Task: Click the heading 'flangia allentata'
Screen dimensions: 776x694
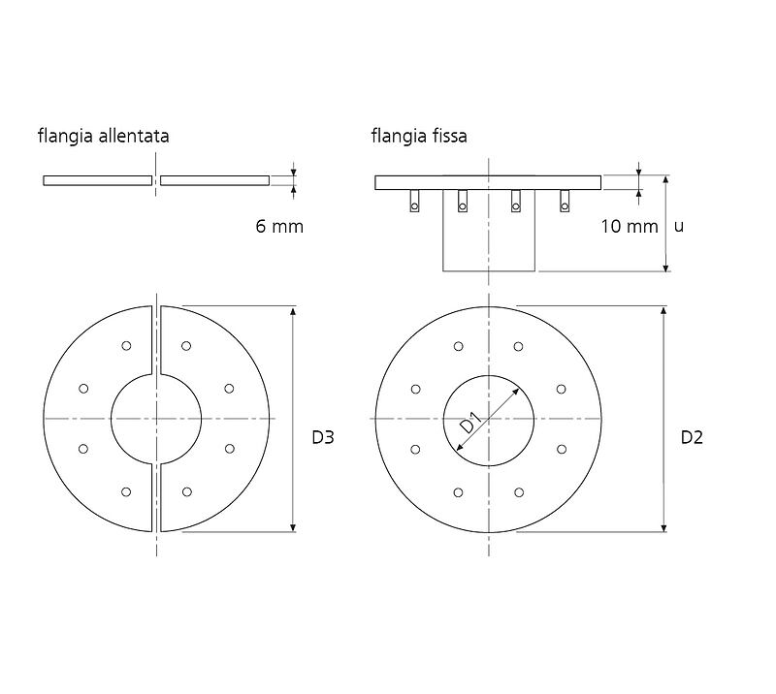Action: click(104, 136)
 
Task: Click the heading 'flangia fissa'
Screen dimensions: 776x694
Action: click(419, 136)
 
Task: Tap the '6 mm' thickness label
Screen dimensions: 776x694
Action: click(279, 227)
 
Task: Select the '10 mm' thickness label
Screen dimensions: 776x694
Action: click(630, 227)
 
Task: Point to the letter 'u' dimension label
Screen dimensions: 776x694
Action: click(679, 227)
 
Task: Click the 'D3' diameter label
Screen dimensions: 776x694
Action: click(323, 437)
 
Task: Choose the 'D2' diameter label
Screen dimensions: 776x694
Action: click(692, 437)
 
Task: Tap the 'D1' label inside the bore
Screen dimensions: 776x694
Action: click(470, 424)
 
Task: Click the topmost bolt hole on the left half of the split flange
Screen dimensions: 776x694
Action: click(126, 346)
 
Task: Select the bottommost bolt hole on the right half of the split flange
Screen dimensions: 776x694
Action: click(186, 491)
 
